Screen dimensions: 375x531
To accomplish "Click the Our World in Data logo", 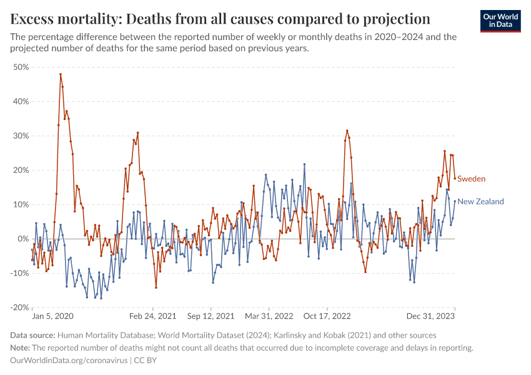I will pyautogui.click(x=500, y=21).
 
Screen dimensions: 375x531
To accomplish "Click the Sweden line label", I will pyautogui.click(x=471, y=179).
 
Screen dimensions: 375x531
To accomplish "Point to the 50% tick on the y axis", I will pyautogui.click(x=21, y=67).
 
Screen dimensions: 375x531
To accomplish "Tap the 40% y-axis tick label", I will pyautogui.click(x=21, y=101).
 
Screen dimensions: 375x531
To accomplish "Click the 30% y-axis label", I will pyautogui.click(x=21, y=136).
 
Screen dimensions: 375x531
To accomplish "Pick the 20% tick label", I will pyautogui.click(x=21, y=170).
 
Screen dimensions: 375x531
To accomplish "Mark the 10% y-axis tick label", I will pyautogui.click(x=21, y=204).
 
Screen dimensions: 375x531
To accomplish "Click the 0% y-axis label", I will pyautogui.click(x=23, y=239).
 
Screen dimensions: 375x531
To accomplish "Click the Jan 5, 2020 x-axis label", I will pyautogui.click(x=53, y=317).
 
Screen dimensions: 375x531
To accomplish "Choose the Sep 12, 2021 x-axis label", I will pyautogui.click(x=212, y=317).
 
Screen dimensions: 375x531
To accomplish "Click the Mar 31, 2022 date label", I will pyautogui.click(x=269, y=317).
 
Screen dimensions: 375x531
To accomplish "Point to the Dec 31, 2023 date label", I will pyautogui.click(x=434, y=317).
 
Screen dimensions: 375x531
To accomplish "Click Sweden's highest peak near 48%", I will pyautogui.click(x=61, y=74).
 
